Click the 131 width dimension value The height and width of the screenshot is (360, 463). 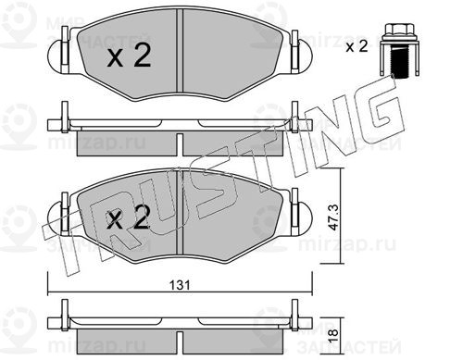181,285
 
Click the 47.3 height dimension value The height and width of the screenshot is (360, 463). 333,217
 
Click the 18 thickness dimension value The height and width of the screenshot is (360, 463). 333,334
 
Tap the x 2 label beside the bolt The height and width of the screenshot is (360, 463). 357,47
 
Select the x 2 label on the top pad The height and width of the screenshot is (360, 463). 129,56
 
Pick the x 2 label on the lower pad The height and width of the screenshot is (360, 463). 129,217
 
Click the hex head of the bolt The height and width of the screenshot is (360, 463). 399,30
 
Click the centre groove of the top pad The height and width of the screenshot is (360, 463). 180,50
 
